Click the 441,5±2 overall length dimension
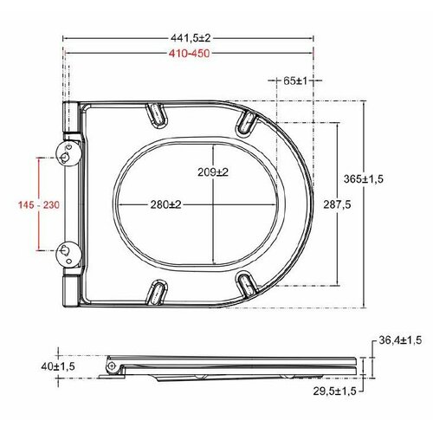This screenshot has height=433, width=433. click(191, 38)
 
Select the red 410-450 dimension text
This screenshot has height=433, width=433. click(190, 54)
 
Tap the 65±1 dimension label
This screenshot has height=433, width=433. click(295, 81)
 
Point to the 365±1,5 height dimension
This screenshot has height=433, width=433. click(364, 179)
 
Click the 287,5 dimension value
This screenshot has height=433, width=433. click(337, 204)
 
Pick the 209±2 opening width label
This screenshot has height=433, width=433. click(213, 172)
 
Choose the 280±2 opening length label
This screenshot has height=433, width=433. click(165, 204)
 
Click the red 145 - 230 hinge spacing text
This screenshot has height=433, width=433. click(39, 205)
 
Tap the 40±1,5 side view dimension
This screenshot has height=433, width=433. click(58, 366)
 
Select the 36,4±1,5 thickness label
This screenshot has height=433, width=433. click(400, 340)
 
